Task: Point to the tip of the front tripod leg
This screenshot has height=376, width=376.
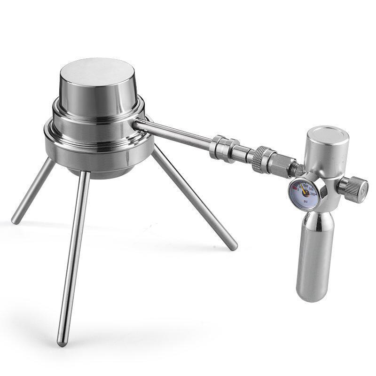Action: coord(61,343)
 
